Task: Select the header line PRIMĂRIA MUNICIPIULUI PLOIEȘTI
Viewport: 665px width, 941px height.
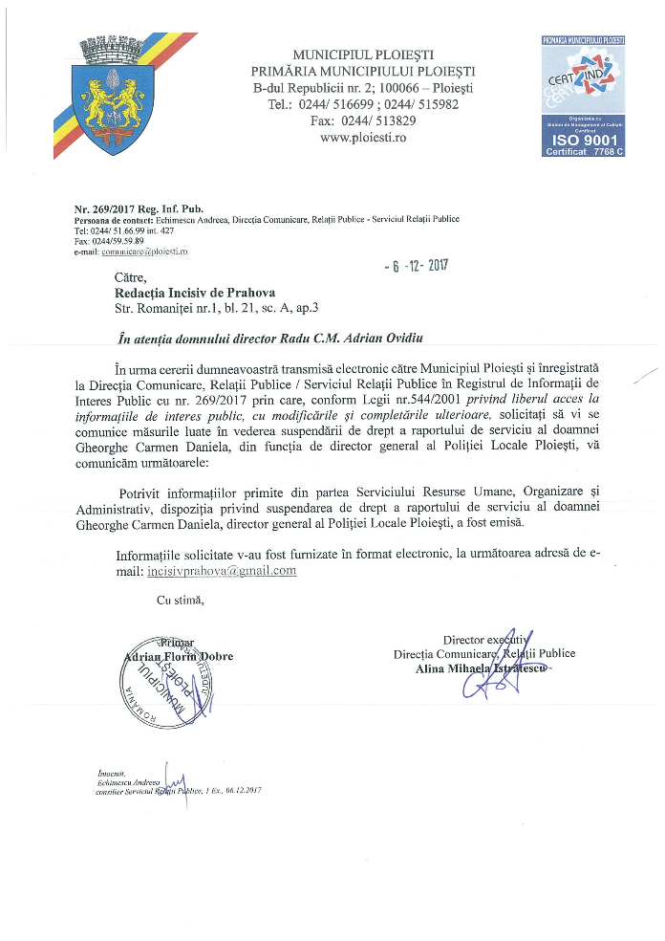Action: (363, 71)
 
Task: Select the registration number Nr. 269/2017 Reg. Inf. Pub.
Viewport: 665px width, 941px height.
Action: (139, 208)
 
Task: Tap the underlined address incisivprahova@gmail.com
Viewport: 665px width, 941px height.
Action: (223, 571)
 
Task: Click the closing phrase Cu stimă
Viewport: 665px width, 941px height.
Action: (180, 600)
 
